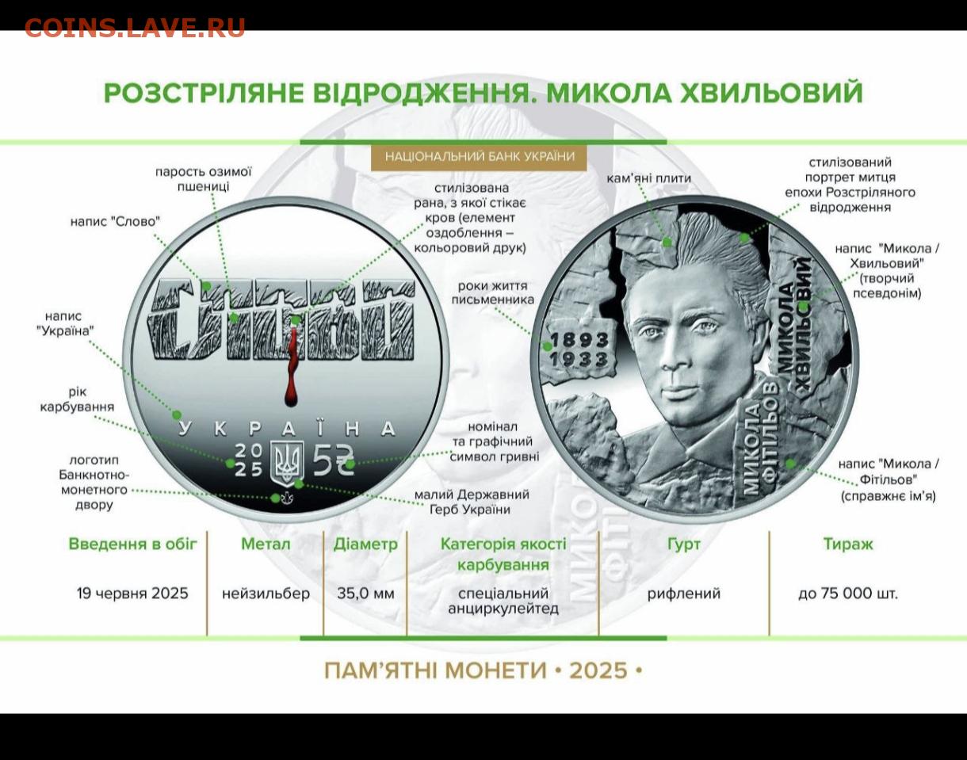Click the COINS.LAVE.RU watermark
coord(135,28)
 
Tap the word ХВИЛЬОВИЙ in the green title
coord(772,93)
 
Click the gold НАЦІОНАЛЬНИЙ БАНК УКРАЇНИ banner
coord(480,157)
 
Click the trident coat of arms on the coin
coord(287,462)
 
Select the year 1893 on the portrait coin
coord(579,341)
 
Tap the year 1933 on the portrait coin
coord(579,359)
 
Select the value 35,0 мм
coord(365,593)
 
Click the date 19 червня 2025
coord(132,593)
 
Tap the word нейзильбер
coord(266,593)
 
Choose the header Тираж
coord(848,544)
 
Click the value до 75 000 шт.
coord(848,593)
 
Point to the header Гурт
coord(684,544)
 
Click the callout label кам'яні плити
coord(649,178)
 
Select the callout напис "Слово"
coord(115,221)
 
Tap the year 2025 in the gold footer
coord(598,671)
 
